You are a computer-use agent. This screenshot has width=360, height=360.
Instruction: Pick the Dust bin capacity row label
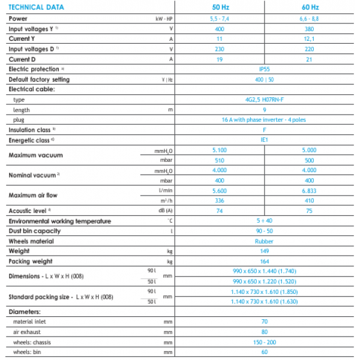pos(34,231)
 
